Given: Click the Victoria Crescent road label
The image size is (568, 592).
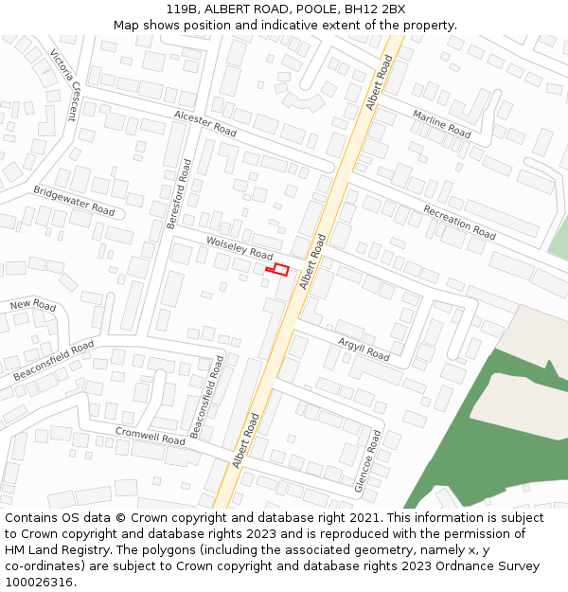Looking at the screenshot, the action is point(63,85).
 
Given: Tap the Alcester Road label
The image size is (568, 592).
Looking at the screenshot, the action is point(204,122).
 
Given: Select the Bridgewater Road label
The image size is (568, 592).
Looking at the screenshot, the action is point(74,199).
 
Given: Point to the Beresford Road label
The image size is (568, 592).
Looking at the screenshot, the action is point(178,193).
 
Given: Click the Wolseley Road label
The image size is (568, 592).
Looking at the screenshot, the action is point(240,249).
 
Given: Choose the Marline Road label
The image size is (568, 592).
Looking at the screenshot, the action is point(441,123).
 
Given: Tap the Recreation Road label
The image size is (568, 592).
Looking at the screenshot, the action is point(459,222).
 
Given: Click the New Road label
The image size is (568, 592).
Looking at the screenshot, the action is point(33,305).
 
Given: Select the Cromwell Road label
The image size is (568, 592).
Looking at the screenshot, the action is point(151,435).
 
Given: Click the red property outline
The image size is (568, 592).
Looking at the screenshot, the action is point(276,270).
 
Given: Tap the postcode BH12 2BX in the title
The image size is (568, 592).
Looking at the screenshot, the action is point(375,9).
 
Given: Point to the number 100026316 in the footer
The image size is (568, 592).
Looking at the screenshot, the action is point(40,583).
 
